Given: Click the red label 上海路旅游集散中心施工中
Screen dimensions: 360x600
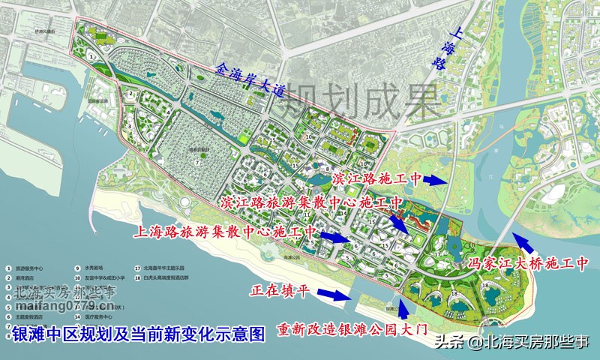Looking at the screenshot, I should [224, 232].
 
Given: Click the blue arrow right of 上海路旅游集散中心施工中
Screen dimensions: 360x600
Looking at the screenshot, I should [335, 237].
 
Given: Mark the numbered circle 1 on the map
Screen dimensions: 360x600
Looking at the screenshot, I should [91, 55].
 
